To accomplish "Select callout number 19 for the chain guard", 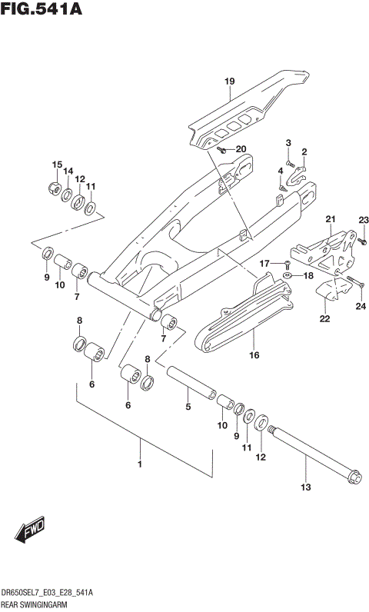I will click(228, 81).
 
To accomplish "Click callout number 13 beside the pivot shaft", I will click(305, 487).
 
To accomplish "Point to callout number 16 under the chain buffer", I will click(253, 354).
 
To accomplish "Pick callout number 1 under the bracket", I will click(139, 464).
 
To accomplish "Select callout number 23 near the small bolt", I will click(363, 221).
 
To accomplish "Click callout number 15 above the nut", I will click(56, 165).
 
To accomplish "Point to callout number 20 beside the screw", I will click(241, 149).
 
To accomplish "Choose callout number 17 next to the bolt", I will click(263, 264).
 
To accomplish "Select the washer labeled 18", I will click(287, 274).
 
